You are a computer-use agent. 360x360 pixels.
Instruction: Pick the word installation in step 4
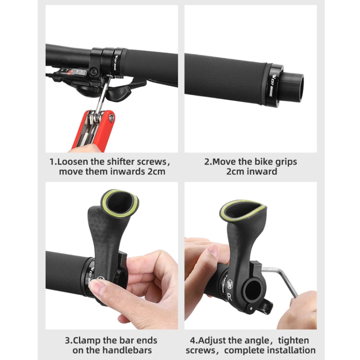click(291, 350)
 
